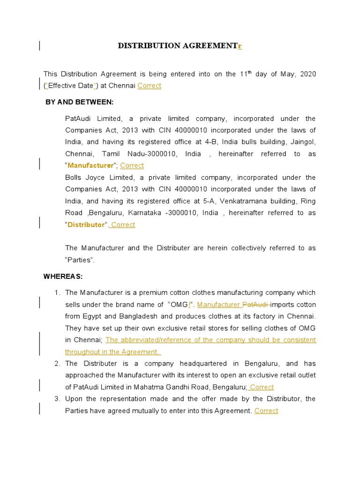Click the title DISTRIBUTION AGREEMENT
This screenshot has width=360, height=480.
(x=177, y=46)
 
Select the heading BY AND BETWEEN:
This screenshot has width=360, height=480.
(x=79, y=102)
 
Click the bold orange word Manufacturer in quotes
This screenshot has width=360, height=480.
(x=90, y=165)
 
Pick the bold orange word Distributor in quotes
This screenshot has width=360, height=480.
(x=86, y=225)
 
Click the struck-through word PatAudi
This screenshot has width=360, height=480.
(x=255, y=305)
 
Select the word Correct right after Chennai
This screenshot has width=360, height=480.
(x=149, y=86)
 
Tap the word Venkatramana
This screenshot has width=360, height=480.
(x=244, y=201)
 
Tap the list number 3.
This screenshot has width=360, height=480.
(x=57, y=399)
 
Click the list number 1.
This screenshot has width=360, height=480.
(x=57, y=293)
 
